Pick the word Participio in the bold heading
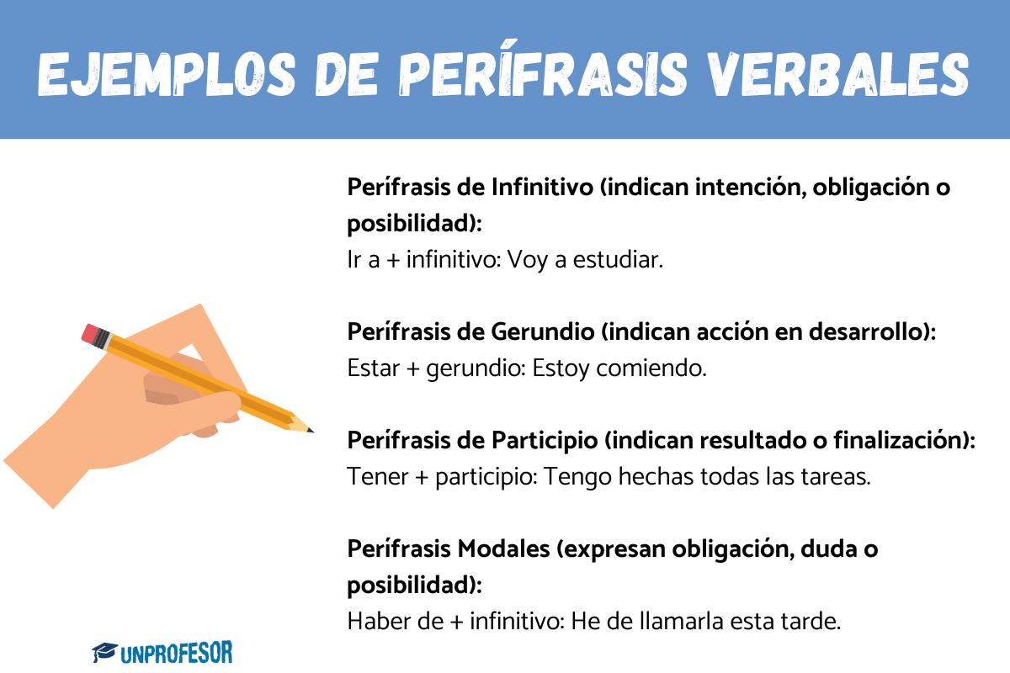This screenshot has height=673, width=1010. (x=544, y=441)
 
